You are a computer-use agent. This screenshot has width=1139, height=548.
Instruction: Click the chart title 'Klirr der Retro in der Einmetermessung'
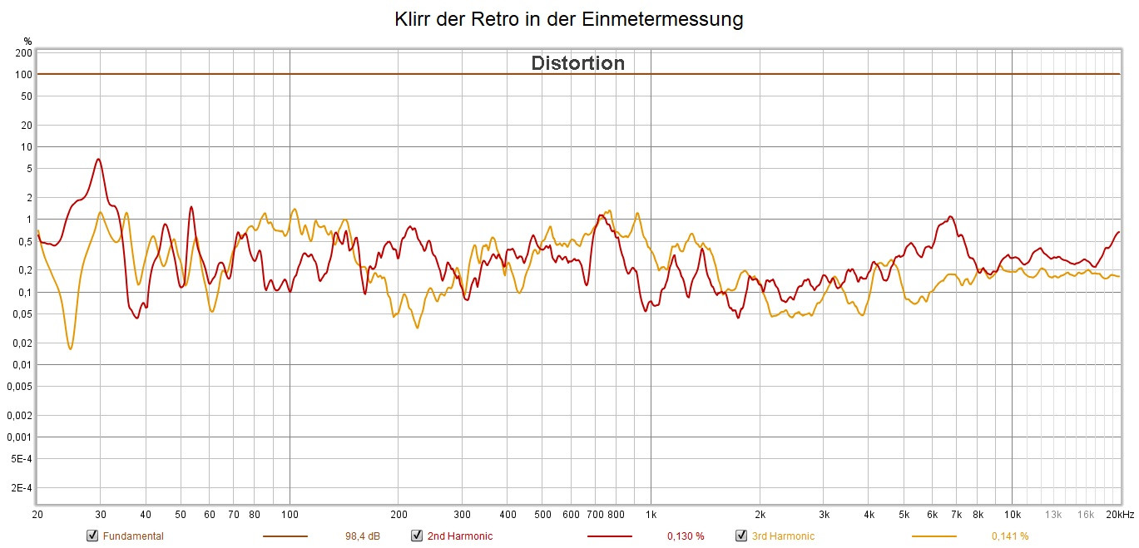pos(569,19)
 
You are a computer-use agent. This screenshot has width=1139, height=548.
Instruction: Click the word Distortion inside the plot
pos(577,63)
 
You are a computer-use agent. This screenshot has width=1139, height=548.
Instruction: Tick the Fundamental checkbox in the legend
pos(92,536)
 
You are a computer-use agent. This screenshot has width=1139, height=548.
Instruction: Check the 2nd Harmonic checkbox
pos(417,536)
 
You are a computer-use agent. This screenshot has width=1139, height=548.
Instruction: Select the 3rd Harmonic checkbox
pos(741,536)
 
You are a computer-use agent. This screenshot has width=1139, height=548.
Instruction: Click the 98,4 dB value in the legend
pos(363,536)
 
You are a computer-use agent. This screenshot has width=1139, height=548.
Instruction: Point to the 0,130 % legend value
pos(686,536)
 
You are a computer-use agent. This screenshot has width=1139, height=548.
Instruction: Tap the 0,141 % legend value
pos(1010,536)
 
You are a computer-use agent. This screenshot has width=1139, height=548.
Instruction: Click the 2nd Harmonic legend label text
pos(459,536)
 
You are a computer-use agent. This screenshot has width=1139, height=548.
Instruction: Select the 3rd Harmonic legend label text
pos(783,536)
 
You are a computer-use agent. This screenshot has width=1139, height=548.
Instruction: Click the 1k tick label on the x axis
pos(651,515)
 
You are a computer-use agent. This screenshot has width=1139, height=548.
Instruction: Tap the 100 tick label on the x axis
pos(290,515)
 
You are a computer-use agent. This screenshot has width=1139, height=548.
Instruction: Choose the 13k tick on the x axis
pos(1053,515)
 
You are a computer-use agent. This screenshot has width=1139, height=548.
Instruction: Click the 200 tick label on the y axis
pos(24,53)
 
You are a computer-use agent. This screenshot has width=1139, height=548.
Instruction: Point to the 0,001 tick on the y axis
pos(21,437)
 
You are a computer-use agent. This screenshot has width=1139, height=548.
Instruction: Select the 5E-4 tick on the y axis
pos(22,459)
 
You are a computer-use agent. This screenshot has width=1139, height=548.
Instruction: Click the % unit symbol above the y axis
pos(27,41)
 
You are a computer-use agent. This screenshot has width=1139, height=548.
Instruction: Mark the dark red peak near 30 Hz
pos(99,159)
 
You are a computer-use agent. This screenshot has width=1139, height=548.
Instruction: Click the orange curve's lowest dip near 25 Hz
pos(70,348)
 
